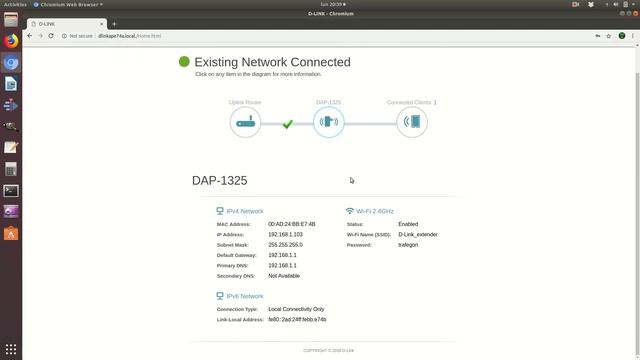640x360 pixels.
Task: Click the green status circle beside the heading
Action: click(184, 62)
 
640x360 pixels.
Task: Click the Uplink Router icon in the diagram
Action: click(245, 123)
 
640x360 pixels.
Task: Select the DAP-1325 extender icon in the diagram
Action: click(328, 123)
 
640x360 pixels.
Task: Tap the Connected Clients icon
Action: click(411, 123)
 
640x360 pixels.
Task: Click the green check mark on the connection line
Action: click(287, 124)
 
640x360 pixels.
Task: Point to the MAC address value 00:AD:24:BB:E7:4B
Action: click(291, 224)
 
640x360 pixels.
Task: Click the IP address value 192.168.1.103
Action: click(285, 234)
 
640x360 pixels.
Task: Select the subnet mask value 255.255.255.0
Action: click(285, 245)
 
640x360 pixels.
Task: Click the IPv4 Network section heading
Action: click(244, 211)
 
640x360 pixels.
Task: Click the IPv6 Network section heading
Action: click(244, 296)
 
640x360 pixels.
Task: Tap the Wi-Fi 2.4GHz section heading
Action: click(374, 211)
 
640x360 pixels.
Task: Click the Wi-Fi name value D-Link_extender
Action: click(417, 234)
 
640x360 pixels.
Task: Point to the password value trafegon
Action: click(407, 245)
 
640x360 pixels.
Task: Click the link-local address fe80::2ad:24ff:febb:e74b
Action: click(297, 319)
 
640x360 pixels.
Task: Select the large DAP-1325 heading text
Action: click(219, 181)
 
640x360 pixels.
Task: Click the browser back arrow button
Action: click(30, 35)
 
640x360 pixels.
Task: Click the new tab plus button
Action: click(114, 24)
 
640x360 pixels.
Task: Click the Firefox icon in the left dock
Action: click(11, 41)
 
